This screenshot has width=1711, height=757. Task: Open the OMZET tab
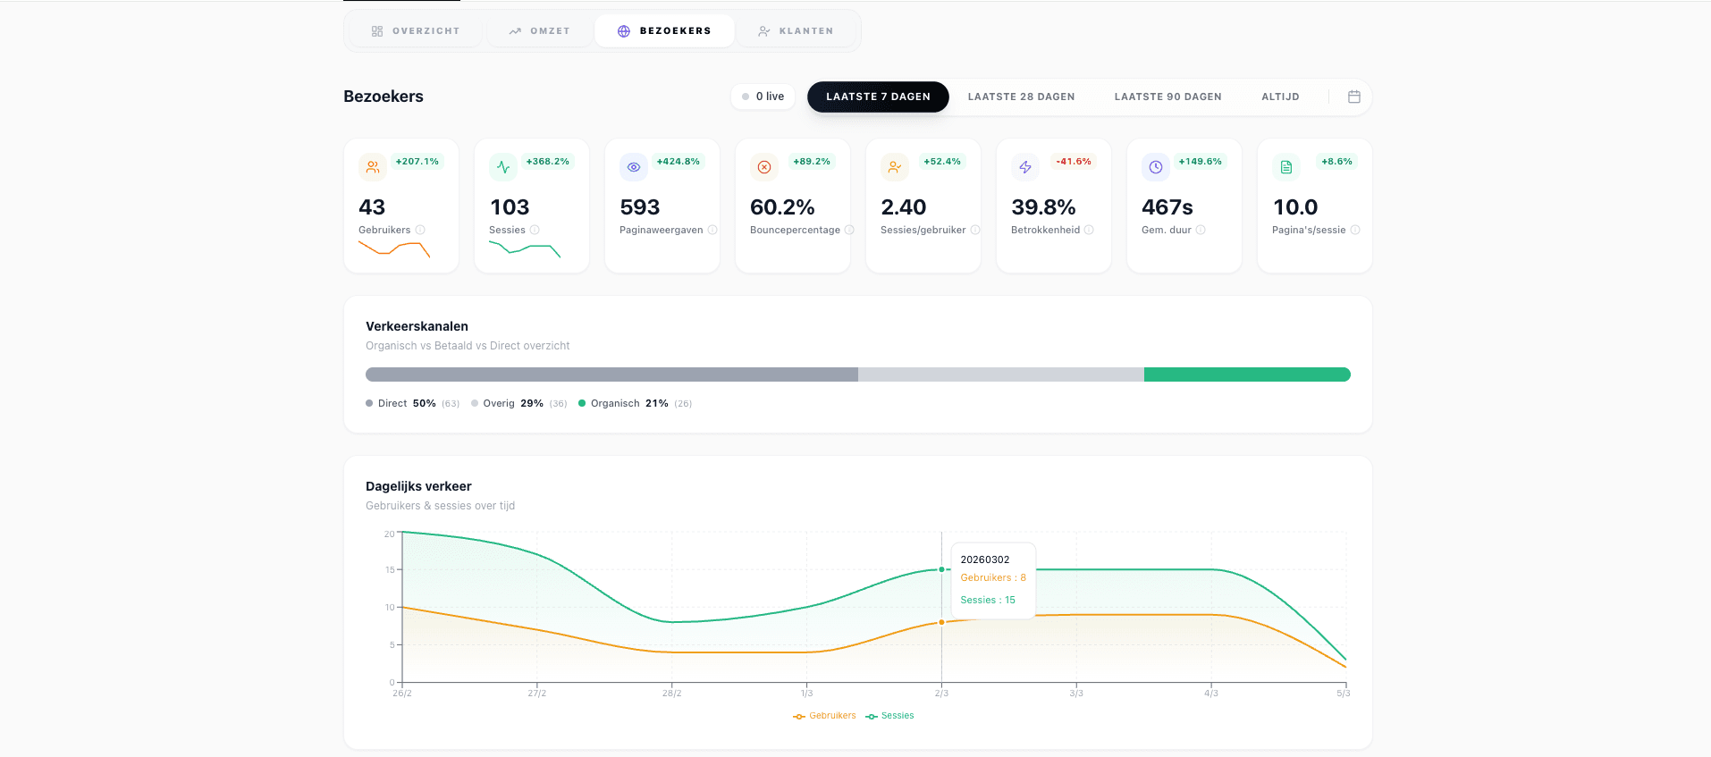540,31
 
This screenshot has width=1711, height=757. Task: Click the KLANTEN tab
796,31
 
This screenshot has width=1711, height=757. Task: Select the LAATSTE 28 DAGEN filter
1021,97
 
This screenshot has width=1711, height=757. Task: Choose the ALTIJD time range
1280,97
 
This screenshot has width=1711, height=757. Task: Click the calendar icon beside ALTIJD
1353,97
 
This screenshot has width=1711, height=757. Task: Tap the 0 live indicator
763,97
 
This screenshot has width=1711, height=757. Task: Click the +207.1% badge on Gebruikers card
417,162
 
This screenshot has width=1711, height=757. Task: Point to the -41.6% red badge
1073,162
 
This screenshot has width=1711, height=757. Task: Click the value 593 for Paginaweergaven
640,207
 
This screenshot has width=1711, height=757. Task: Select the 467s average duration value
1167,207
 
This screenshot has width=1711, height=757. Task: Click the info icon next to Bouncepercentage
849,231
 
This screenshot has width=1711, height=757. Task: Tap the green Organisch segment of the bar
1246,374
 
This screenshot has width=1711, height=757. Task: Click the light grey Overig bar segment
999,374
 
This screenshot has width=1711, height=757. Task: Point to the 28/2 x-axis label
671,694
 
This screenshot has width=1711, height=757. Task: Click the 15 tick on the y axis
390,569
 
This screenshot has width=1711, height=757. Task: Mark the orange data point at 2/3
941,622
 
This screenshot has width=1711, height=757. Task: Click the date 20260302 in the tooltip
984,559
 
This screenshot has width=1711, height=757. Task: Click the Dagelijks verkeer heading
418,486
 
